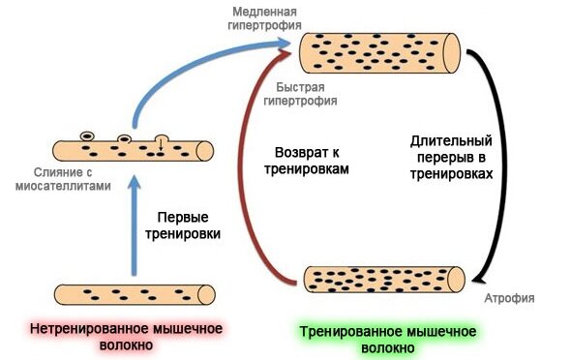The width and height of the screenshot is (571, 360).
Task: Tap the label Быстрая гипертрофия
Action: point(303,92)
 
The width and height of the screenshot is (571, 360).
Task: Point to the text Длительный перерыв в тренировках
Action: point(446,158)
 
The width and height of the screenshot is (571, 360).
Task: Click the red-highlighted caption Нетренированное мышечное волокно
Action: point(127,337)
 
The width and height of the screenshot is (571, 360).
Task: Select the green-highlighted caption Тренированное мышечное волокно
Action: point(379,337)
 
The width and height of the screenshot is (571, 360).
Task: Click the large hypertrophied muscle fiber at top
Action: point(383,53)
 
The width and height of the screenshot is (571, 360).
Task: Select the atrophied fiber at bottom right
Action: point(386,279)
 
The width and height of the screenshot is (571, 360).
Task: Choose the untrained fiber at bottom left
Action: point(134,294)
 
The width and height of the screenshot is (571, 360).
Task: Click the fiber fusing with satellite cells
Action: point(134,150)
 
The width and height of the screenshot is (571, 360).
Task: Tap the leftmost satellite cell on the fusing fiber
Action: point(88,137)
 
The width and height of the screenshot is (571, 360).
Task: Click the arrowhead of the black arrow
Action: point(476,279)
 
